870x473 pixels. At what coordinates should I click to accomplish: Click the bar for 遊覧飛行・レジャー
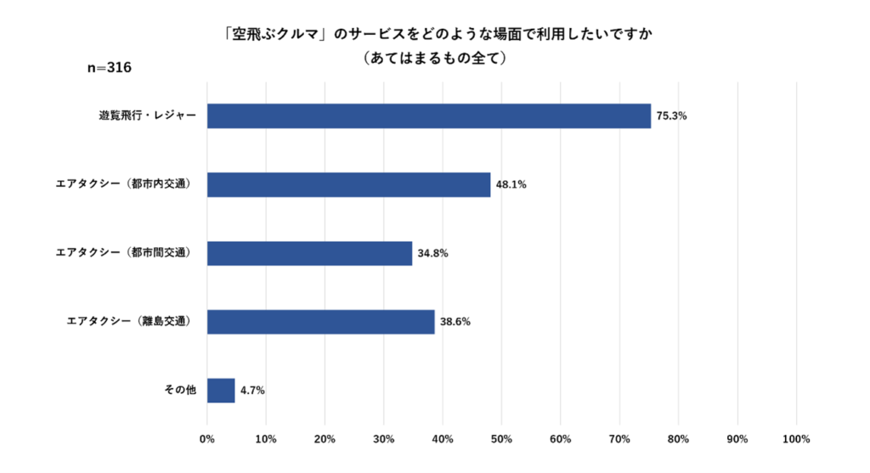[x=429, y=116]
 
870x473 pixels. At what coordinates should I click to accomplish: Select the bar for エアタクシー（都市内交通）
[x=349, y=184]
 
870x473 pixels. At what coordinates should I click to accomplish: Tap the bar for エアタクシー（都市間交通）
[x=310, y=253]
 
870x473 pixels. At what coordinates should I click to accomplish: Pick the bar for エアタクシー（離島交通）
[x=321, y=322]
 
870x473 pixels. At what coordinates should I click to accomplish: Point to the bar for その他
[x=221, y=391]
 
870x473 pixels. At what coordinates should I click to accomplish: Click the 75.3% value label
[x=671, y=116]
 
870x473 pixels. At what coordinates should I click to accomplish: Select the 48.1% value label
[x=511, y=184]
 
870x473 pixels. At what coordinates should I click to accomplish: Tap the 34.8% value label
[x=432, y=253]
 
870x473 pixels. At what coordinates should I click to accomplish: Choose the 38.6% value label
[x=455, y=322]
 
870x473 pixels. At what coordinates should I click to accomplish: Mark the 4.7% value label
[x=252, y=391]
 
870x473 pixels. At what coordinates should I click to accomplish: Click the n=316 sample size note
[x=110, y=68]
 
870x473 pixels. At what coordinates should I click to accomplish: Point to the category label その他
[x=180, y=391]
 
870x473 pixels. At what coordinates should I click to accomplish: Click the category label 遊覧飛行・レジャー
[x=147, y=116]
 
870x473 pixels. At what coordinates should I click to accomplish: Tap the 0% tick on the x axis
[x=207, y=439]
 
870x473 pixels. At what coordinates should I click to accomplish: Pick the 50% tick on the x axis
[x=501, y=439]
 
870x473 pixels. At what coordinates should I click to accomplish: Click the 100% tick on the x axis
[x=795, y=439]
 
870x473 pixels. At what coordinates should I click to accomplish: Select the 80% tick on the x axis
[x=678, y=439]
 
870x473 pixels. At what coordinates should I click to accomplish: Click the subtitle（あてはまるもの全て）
[x=434, y=58]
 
